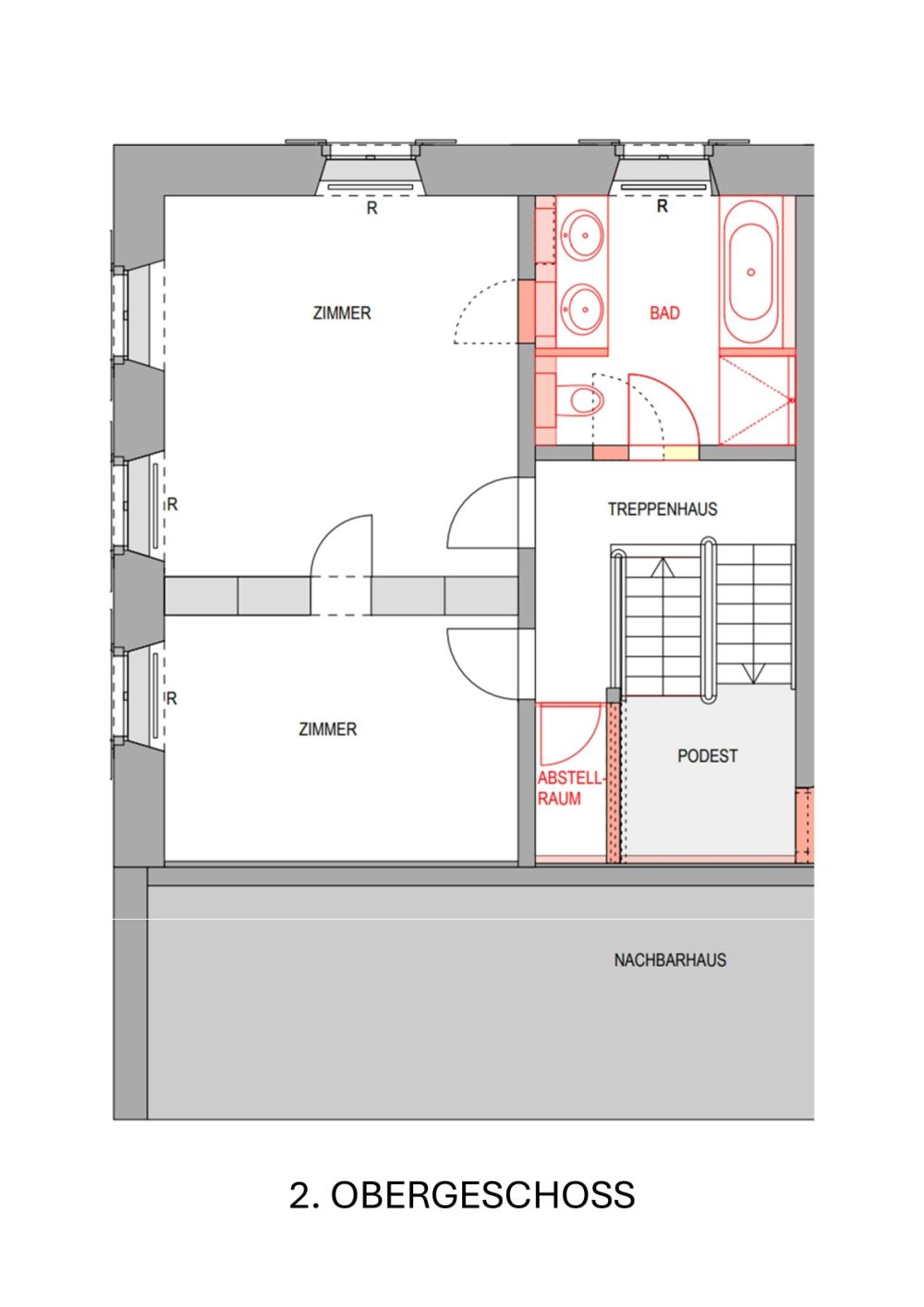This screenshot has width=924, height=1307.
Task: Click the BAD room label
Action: [x=664, y=313]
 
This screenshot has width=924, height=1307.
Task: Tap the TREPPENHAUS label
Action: [x=662, y=509]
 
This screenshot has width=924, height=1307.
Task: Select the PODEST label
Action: [x=707, y=756]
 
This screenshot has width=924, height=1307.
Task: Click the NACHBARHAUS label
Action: [x=670, y=960]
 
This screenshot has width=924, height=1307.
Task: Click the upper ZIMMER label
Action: [x=342, y=313]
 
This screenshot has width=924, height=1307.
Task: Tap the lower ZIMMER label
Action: [x=327, y=729]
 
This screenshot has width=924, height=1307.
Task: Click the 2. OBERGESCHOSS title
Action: [x=462, y=1195]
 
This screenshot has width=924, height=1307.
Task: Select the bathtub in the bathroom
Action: [x=750, y=272]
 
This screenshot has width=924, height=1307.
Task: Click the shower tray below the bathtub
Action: [x=756, y=399]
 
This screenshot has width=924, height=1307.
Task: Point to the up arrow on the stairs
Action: [x=663, y=568]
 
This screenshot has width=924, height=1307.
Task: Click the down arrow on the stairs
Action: [x=753, y=674]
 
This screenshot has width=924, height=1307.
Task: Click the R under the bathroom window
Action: [x=662, y=207]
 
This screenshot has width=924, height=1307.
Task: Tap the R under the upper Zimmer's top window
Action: [x=371, y=209]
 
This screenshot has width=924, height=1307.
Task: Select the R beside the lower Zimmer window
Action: [x=172, y=699]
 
